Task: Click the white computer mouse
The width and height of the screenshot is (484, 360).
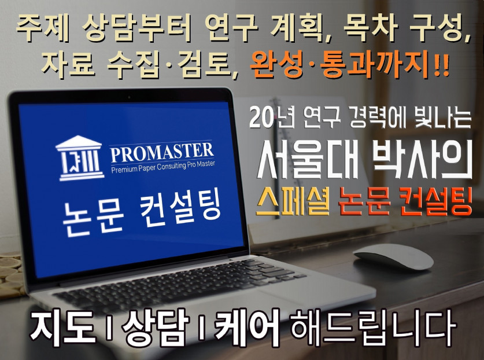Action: click(394, 256)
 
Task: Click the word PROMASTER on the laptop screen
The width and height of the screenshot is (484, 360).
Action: click(162, 152)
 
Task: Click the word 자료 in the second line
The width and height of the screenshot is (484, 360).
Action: click(68, 65)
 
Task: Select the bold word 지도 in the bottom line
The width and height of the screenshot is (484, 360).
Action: click(62, 328)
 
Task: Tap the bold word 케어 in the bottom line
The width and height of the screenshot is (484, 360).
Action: click(247, 328)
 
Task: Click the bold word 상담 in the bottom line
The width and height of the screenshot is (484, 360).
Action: click(155, 328)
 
